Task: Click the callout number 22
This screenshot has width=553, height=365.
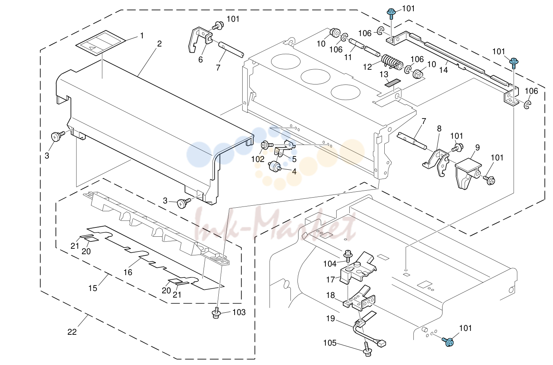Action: pos(72,332)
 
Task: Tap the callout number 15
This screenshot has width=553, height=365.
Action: pos(93,288)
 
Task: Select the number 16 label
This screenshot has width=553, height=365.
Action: pos(128,272)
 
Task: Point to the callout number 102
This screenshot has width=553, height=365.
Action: pos(258,159)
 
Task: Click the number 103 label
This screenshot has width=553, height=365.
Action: pos(239,312)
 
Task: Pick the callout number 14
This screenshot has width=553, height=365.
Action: pos(443,70)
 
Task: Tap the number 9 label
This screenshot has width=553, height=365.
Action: pos(477,148)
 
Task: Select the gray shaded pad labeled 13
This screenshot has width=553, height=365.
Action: pos(393,83)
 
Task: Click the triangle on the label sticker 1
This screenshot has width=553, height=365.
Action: pos(92,48)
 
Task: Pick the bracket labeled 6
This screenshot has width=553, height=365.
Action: pos(200,39)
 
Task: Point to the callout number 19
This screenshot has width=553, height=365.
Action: pos(330,319)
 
